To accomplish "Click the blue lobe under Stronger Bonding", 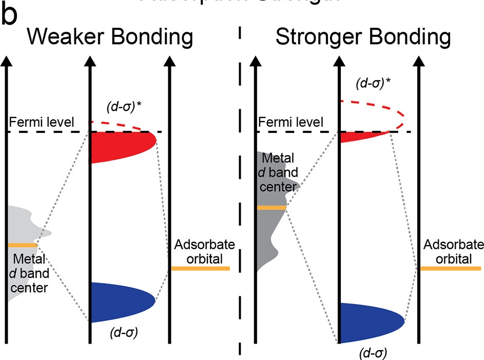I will (x=370, y=322).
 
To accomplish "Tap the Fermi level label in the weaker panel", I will (x=42, y=123).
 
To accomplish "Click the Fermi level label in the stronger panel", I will (x=291, y=123).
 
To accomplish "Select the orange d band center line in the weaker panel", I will (x=23, y=245).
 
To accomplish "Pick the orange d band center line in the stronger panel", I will (x=270, y=207).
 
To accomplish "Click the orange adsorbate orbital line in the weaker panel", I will (x=200, y=268).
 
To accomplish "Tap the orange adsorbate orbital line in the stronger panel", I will (x=450, y=268).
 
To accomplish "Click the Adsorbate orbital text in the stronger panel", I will (x=450, y=251).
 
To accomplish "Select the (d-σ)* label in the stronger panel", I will (x=372, y=84).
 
